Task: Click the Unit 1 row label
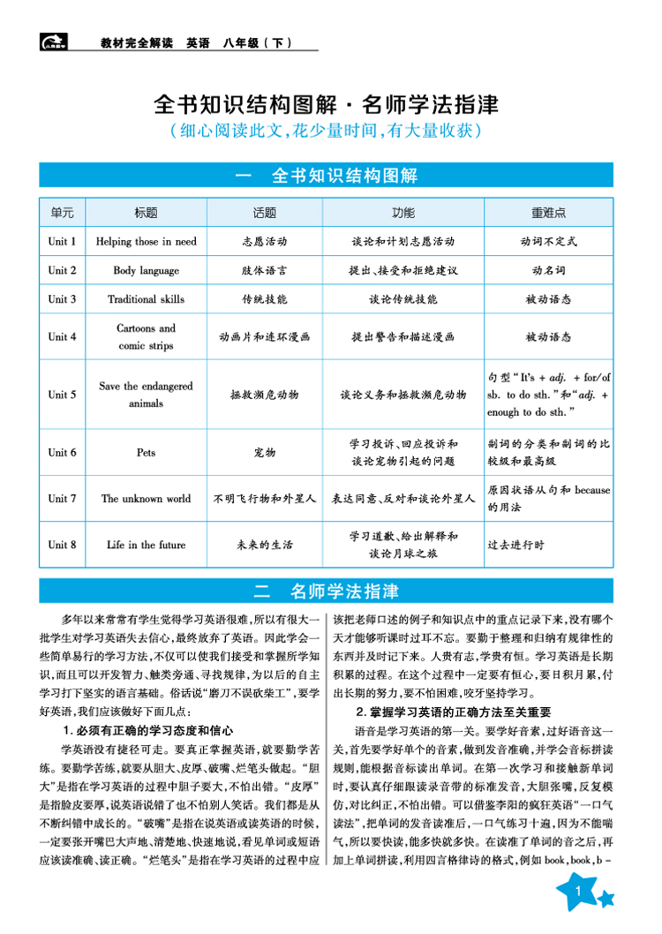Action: tap(62, 241)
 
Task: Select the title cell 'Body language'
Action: tap(146, 270)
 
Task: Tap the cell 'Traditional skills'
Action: tap(146, 299)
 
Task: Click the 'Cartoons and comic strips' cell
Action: tap(146, 336)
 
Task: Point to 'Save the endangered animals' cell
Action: tap(146, 395)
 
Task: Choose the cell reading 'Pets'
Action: tap(146, 453)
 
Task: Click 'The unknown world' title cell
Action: tap(146, 499)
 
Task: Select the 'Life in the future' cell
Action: tap(146, 545)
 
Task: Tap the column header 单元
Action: tap(62, 213)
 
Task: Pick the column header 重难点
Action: tap(548, 213)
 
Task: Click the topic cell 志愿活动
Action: tap(264, 241)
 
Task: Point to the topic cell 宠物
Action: tap(264, 453)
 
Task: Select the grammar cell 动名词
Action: tap(548, 270)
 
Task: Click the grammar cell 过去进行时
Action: tap(516, 545)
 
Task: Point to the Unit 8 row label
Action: tap(62, 545)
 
